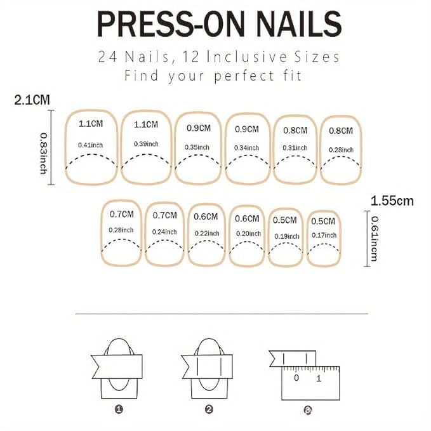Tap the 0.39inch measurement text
146,143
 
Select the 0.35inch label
198,147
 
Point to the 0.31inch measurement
295,148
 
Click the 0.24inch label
164,231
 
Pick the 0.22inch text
207,233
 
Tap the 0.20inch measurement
248,234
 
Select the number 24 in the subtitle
109,57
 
